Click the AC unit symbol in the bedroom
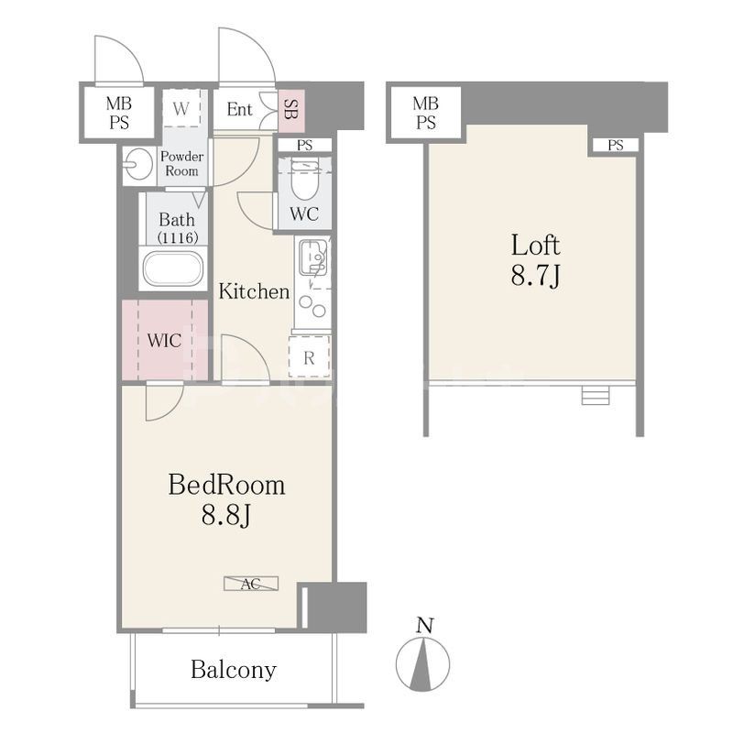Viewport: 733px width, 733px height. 251,584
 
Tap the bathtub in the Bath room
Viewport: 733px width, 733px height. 173,268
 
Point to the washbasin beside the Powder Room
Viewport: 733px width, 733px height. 139,164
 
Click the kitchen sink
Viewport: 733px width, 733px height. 312,257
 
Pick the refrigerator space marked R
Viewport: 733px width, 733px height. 309,356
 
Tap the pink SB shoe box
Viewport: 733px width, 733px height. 291,110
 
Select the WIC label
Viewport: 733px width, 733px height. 164,340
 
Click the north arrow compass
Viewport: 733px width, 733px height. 423,663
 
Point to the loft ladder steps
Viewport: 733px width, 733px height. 596,395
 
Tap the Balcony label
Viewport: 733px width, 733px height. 234,670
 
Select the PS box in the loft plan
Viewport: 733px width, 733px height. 616,146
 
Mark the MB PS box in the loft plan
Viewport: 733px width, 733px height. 425,112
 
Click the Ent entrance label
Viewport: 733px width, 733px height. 239,109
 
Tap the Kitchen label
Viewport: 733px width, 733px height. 255,291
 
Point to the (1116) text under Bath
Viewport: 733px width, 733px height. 177,237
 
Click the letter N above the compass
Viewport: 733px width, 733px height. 424,625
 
